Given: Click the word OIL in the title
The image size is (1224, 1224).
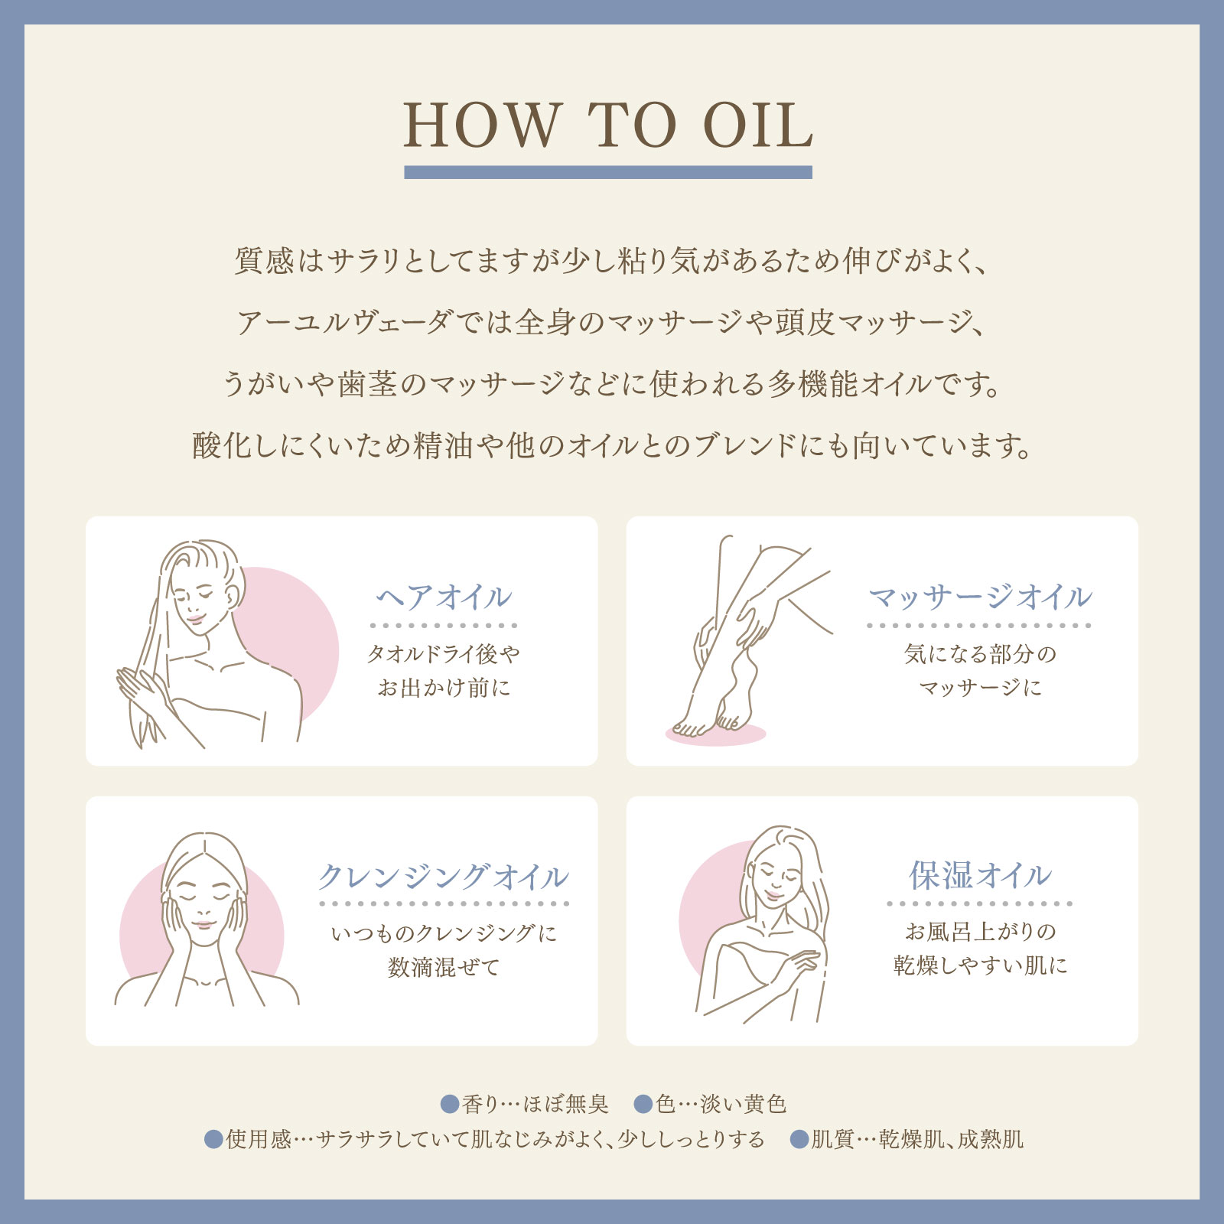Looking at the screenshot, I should (757, 125).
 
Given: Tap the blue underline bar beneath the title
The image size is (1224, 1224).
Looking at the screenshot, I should (607, 173).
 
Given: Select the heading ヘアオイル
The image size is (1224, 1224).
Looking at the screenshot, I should (444, 597).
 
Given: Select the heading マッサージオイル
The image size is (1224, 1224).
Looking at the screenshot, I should (980, 597).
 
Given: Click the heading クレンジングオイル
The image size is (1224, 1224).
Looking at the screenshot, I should (444, 876).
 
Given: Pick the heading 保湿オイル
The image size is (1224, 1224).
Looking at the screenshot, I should (980, 875).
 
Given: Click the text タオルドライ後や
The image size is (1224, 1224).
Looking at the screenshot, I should (444, 654).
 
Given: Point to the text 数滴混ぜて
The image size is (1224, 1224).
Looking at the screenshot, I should (444, 968).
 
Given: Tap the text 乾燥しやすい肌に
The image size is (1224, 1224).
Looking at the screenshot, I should (980, 965).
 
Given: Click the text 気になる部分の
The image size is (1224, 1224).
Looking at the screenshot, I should (980, 654).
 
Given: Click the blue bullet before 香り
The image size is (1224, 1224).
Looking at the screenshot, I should (450, 1104).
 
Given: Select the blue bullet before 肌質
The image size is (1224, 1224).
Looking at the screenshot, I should (799, 1139).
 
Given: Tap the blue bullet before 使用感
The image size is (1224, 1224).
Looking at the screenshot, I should (213, 1139).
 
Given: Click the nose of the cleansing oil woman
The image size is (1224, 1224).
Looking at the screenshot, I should (203, 910).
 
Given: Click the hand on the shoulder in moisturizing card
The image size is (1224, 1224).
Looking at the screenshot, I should (800, 960).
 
